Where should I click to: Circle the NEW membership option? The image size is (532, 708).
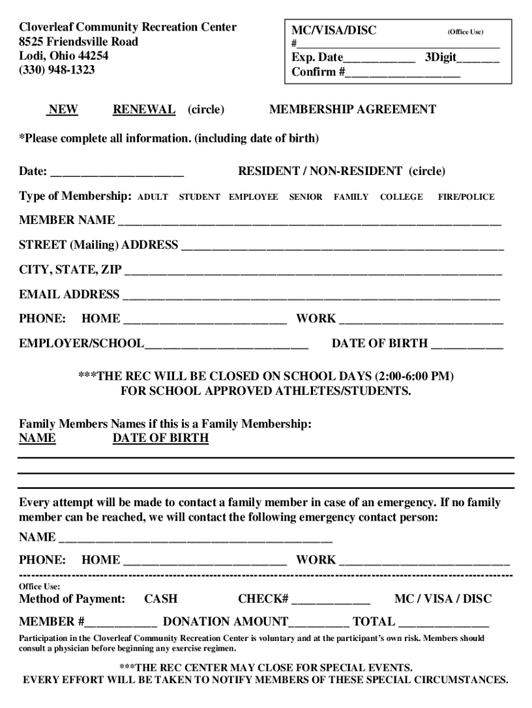click(62, 109)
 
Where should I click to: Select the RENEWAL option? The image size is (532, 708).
click(144, 109)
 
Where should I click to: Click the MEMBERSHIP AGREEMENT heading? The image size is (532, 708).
click(352, 109)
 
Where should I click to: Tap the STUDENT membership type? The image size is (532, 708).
click(200, 197)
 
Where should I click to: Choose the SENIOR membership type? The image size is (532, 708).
click(305, 197)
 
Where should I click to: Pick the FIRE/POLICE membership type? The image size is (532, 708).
click(466, 197)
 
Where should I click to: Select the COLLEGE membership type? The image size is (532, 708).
click(401, 197)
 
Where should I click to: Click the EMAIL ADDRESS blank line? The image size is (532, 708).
click(311, 296)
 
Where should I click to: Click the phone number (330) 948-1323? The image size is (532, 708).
click(57, 70)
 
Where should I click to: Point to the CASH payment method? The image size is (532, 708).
click(160, 599)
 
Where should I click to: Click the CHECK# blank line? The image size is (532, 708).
click(331, 600)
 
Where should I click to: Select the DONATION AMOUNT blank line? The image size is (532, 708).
click(319, 623)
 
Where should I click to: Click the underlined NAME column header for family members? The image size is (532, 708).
click(37, 438)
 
